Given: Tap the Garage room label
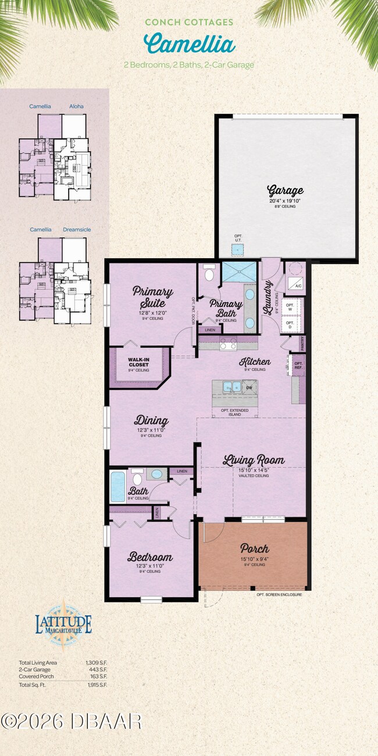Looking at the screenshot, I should click(x=285, y=190).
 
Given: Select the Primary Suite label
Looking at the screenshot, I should click(x=152, y=297).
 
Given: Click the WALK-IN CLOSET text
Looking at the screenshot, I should click(x=138, y=364).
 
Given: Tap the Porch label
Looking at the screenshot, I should click(x=254, y=548).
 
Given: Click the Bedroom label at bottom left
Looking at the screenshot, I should click(x=151, y=557).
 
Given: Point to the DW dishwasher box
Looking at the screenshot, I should click(x=249, y=387).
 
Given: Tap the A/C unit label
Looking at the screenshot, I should click(x=298, y=286).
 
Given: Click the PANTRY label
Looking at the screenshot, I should click(x=302, y=344).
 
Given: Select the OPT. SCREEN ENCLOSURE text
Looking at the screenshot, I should click(x=279, y=595).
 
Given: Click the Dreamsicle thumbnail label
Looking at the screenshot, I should click(x=77, y=230).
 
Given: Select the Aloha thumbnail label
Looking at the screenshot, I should click(x=76, y=106).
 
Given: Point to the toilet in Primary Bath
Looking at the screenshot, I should click(x=209, y=271).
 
